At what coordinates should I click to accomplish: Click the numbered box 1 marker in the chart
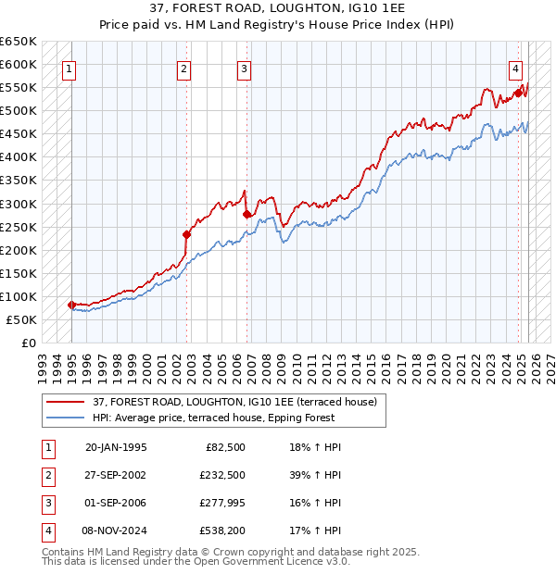coord(70,68)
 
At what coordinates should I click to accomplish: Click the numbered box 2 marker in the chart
coord(184,68)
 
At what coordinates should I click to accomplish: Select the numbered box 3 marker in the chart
coord(244,68)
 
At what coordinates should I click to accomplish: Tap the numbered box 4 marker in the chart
coord(515,68)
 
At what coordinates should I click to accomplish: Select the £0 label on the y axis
coord(27,343)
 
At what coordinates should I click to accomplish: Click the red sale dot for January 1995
coord(71,304)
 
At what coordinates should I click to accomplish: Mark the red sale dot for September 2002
coord(186,234)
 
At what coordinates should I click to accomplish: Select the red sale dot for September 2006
coord(246,214)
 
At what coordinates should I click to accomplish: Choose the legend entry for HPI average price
coord(233,418)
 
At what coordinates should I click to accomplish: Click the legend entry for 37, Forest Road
coord(234,402)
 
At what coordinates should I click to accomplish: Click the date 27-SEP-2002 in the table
coord(116,475)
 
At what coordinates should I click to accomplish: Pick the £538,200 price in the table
coord(221,530)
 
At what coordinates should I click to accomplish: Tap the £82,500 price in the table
coord(224,447)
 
